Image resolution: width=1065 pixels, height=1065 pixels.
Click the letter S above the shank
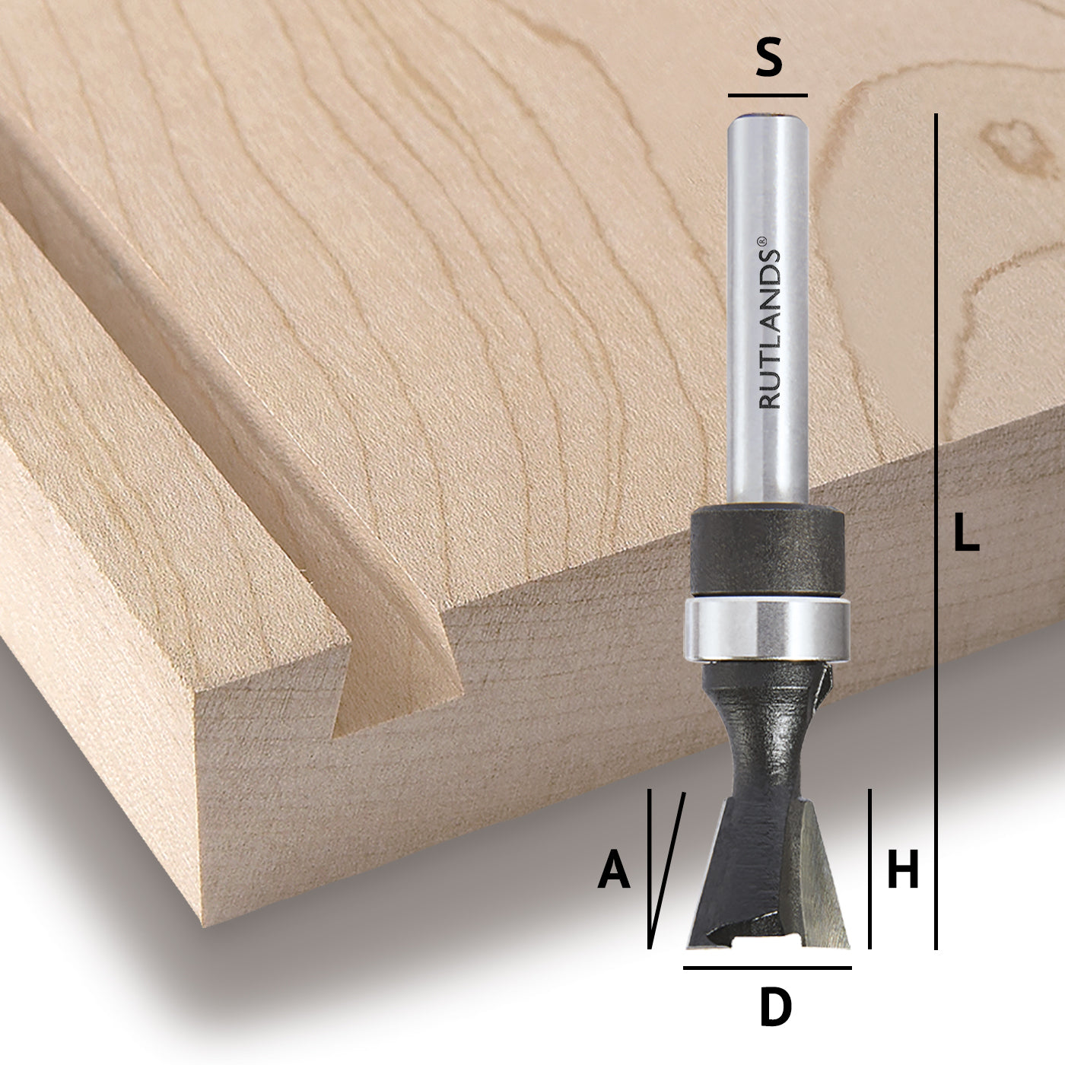point(768,58)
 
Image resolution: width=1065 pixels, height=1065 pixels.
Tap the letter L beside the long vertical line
point(966,532)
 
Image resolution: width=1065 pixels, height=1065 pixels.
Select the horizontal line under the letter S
point(768,96)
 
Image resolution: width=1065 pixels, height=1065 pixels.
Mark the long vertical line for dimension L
point(936,532)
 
